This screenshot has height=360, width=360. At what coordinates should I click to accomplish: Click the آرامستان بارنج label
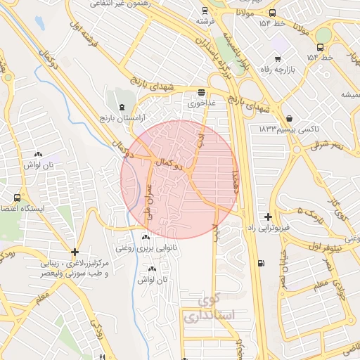coord(124,117)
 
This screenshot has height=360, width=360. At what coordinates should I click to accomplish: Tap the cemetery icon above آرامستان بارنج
coord(124,107)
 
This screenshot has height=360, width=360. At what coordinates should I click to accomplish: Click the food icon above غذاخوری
coord(202,92)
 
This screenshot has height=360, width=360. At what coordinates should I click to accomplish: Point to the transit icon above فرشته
coord(205,11)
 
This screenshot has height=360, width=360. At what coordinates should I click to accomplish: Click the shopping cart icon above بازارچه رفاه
coord(278,58)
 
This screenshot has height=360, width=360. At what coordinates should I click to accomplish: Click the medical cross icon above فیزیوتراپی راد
coord(267,217)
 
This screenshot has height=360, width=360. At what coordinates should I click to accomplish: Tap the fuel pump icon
coord(262,264)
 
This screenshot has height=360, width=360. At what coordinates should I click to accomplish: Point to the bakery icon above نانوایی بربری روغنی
coord(146,237)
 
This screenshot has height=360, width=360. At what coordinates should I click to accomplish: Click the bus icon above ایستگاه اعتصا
coord(17,198)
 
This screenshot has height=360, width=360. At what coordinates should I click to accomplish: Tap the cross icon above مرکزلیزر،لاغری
coord(75,252)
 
